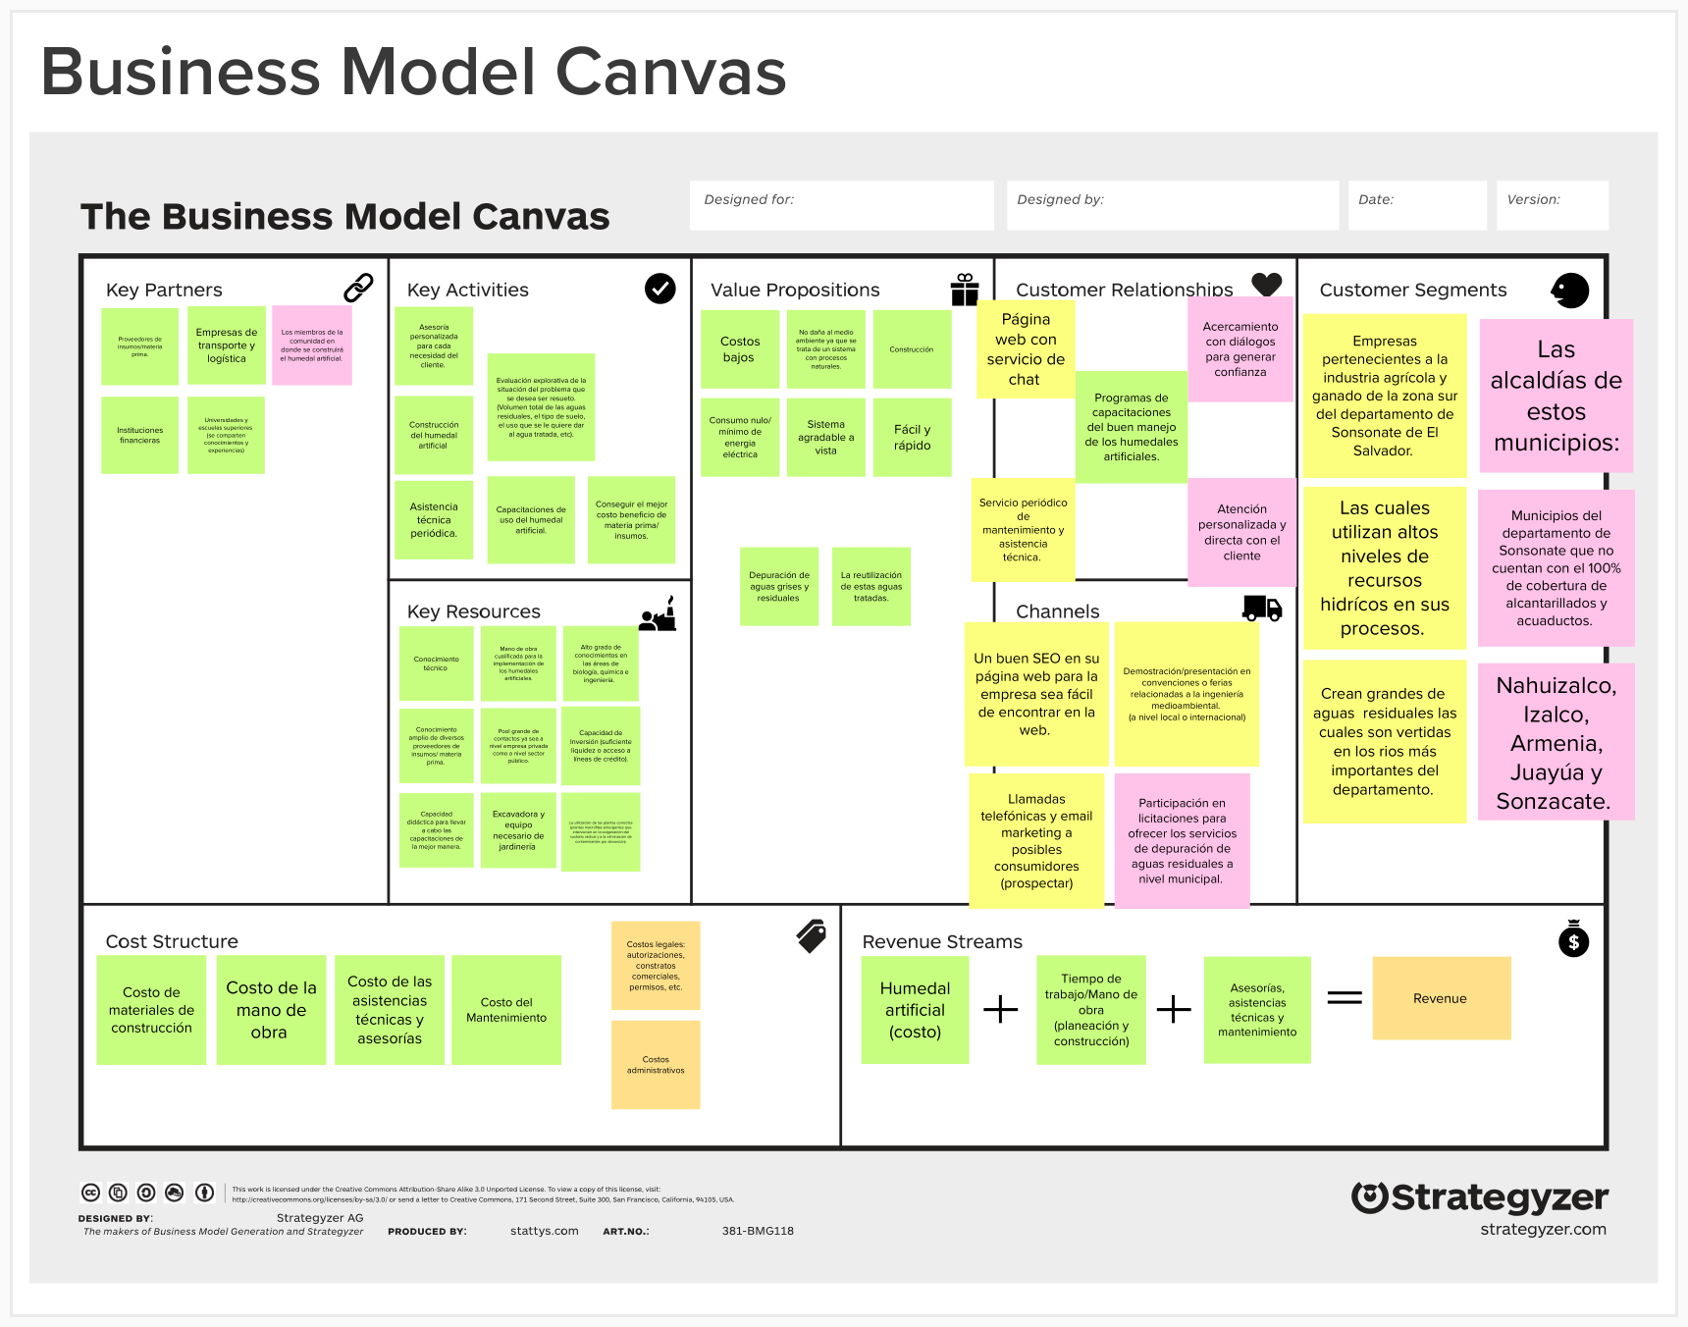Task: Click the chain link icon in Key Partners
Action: tap(358, 288)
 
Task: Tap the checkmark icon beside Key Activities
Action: tap(659, 289)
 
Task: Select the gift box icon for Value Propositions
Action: tap(964, 290)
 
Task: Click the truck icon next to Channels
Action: tap(1262, 609)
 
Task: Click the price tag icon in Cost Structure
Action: tap(812, 936)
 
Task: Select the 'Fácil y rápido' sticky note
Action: tap(912, 438)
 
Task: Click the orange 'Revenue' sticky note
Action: tap(1441, 998)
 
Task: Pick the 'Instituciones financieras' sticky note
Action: tap(140, 435)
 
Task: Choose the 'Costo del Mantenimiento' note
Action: tap(506, 1010)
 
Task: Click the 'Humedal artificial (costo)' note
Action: tap(915, 1010)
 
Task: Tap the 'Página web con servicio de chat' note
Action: tap(1026, 349)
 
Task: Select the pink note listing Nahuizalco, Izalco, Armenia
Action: tap(1556, 743)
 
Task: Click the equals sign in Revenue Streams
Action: tap(1345, 998)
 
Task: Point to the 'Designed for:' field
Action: tap(841, 205)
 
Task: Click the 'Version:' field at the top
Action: tap(1552, 205)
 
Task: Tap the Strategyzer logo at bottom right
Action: tap(1479, 1198)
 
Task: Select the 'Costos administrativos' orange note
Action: tap(656, 1065)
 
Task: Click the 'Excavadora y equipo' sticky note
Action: tap(518, 830)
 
